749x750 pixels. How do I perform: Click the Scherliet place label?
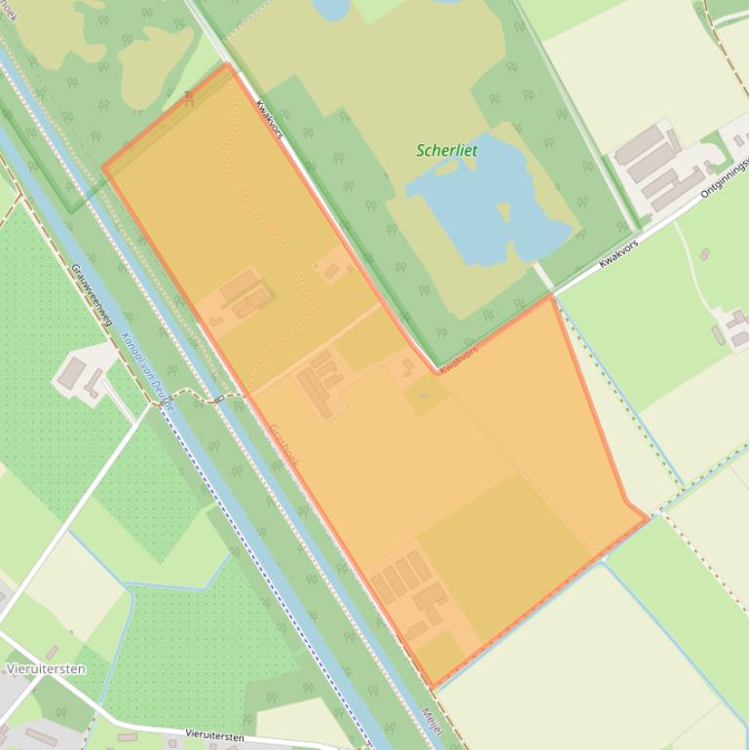click(447, 151)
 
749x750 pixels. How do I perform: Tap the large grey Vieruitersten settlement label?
click(46, 669)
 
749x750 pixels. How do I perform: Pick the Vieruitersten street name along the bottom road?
click(215, 736)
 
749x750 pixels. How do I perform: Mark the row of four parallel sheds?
click(399, 576)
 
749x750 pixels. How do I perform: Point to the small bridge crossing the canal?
click(221, 398)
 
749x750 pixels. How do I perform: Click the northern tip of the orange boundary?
click(228, 65)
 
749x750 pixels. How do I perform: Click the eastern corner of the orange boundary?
click(647, 518)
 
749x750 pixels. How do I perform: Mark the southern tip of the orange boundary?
click(431, 687)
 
